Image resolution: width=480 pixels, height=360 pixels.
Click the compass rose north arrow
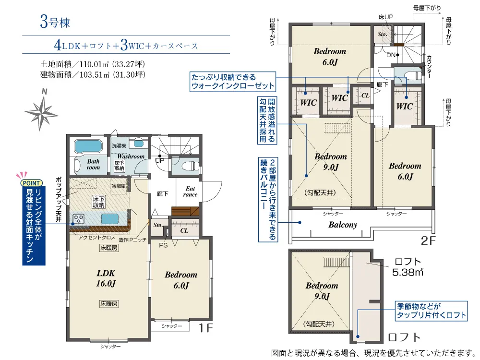pos(42,111)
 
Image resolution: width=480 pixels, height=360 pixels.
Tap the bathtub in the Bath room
pos(88,146)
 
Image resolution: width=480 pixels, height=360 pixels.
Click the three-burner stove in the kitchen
pos(79,219)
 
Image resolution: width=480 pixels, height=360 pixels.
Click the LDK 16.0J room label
pos(106,278)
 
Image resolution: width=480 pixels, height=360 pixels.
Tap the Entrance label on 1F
pos(190,192)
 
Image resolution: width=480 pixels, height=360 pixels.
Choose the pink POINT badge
pos(31,183)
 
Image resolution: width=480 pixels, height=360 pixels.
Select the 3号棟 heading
pos(55,23)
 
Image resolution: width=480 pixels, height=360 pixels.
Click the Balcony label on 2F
pos(343,225)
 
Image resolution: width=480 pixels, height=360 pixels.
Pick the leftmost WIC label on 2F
pos(308,103)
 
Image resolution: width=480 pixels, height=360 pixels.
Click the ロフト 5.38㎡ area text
pos(408,267)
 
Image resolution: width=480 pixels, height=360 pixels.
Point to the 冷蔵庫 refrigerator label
pos(119,186)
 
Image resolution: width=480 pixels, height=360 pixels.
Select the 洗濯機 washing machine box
pos(119,146)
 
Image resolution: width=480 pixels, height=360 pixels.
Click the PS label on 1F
pos(163,245)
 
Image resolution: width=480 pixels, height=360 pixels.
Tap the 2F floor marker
pos(428,240)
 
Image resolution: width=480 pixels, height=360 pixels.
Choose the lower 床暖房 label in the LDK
pos(108,304)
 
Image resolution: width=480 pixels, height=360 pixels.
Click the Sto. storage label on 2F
pos(383,34)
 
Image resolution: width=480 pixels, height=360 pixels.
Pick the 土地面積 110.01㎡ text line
pos(93,64)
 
